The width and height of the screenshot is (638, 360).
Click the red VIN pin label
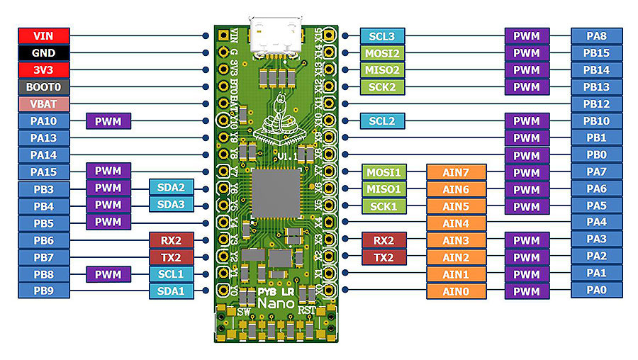[43, 35]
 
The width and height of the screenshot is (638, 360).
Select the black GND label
[43, 53]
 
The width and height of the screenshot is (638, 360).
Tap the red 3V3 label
[43, 70]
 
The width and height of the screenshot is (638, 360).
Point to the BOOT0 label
[43, 87]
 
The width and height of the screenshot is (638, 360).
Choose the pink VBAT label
[43, 104]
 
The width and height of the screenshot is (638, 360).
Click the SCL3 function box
[382, 35]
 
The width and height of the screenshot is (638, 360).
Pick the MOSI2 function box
[382, 53]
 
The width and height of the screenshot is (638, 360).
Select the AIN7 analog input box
[457, 172]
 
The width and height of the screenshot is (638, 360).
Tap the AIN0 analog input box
[457, 291]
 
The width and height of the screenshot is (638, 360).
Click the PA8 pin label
[596, 35]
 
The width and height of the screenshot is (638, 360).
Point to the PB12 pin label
[596, 104]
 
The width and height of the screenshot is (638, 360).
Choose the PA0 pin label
[596, 289]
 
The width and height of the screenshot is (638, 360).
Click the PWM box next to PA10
[108, 121]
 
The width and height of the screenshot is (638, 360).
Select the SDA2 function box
[170, 188]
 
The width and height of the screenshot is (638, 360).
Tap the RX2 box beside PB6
[170, 240]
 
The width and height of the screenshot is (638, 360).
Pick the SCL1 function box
[170, 274]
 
